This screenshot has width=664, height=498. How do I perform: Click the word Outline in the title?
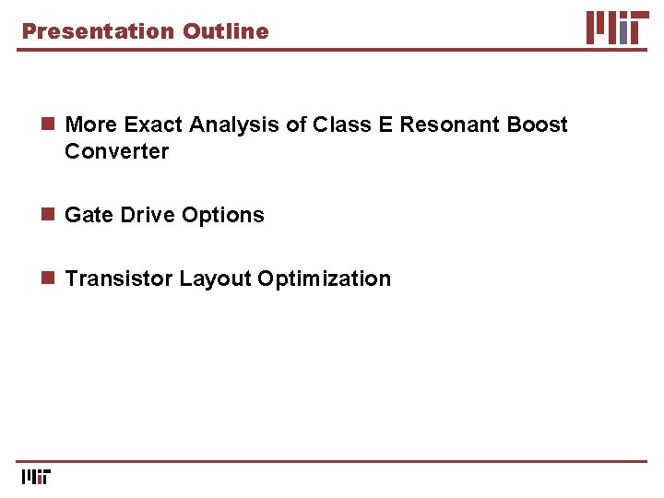point(226,31)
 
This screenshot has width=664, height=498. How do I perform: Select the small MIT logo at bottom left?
point(36,476)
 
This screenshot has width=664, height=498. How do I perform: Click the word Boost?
point(538,125)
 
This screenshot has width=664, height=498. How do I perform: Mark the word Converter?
point(116,151)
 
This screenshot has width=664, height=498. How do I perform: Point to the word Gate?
point(89,215)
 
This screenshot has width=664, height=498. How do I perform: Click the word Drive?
point(147,215)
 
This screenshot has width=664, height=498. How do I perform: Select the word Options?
point(223,215)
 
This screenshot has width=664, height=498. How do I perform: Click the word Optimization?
point(324,279)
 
